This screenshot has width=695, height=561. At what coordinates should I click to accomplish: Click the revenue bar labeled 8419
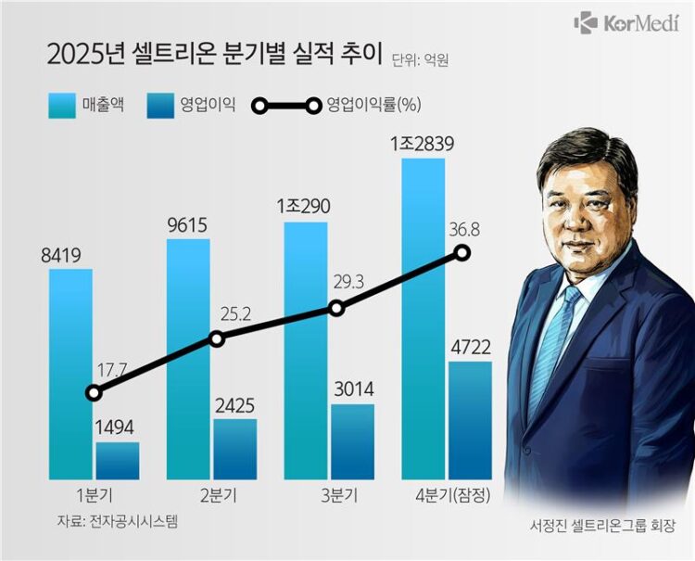tap(70, 371)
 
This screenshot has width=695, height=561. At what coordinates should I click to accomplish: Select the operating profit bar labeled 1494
tap(118, 461)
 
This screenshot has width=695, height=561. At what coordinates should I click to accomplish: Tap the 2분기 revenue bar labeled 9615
tap(188, 357)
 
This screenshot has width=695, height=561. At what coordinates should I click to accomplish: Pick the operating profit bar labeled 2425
tap(235, 449)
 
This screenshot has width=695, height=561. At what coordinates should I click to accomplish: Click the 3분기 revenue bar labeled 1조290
tap(305, 348)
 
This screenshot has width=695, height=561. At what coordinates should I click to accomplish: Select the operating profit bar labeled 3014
tap(352, 441)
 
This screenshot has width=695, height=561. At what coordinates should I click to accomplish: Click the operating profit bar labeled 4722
tap(470, 420)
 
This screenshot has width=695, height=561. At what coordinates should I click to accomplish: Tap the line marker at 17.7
tap(94, 392)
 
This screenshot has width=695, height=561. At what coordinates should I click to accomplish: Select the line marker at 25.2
tap(217, 338)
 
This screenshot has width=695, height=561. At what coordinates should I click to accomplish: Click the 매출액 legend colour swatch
tap(66, 105)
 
